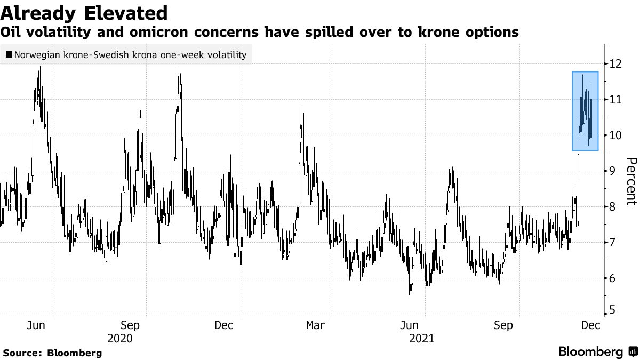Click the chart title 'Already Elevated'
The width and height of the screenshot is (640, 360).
coord(84,12)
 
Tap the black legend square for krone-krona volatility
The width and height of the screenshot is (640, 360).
coord(8,54)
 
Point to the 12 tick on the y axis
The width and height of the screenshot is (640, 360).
coord(617,64)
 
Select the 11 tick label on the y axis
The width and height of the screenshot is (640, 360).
coord(617,100)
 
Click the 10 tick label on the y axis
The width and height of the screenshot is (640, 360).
coord(617,135)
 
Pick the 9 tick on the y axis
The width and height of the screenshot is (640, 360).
coord(617,171)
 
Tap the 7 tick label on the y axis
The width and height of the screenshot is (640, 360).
coord(617,243)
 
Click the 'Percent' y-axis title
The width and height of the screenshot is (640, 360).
coord(631,181)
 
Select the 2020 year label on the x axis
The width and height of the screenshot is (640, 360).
coord(119,339)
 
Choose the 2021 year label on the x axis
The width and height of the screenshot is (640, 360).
coord(422,339)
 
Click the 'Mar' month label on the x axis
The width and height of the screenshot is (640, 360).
coord(315,325)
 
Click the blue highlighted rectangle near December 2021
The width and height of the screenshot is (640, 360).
coord(585,111)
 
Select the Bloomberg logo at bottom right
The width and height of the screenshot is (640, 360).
coord(597,352)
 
